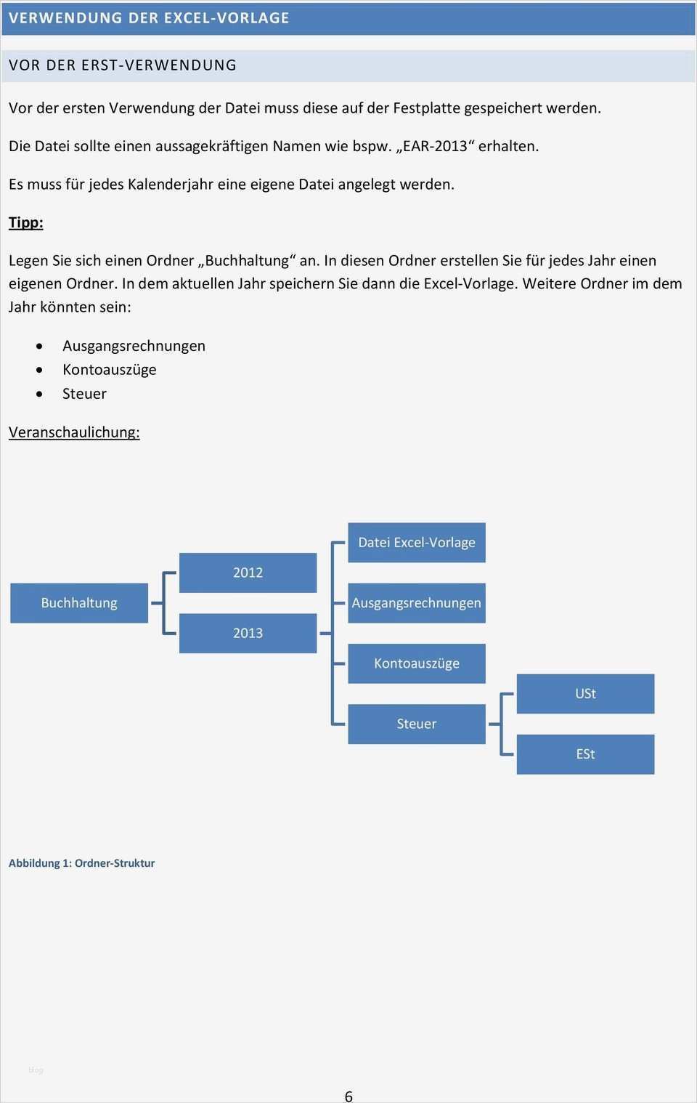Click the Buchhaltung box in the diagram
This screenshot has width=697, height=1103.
coord(79,603)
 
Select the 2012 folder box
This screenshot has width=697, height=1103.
coord(248,573)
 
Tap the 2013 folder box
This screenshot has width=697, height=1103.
coord(248,633)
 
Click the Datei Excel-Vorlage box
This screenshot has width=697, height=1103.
coord(416,543)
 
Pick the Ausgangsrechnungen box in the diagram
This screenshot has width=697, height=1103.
coord(416,603)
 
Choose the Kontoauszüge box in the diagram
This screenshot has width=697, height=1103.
coord(416,663)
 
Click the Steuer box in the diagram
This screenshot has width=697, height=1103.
coord(416,724)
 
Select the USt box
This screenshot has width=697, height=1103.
coord(585,694)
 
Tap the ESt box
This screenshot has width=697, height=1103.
coord(585,754)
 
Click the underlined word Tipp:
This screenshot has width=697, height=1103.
coord(26,222)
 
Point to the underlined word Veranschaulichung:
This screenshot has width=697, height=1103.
coord(74,432)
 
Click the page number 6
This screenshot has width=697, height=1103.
coord(348,1096)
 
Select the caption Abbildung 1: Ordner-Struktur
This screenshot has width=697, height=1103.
coord(81,863)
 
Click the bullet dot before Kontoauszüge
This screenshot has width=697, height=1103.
coord(39,370)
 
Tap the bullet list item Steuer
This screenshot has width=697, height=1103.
coord(84,394)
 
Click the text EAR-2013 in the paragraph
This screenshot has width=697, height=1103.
coord(435,146)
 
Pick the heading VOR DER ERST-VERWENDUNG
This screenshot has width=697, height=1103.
coord(123,65)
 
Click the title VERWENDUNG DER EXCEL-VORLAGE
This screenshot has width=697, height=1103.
coord(149,18)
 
